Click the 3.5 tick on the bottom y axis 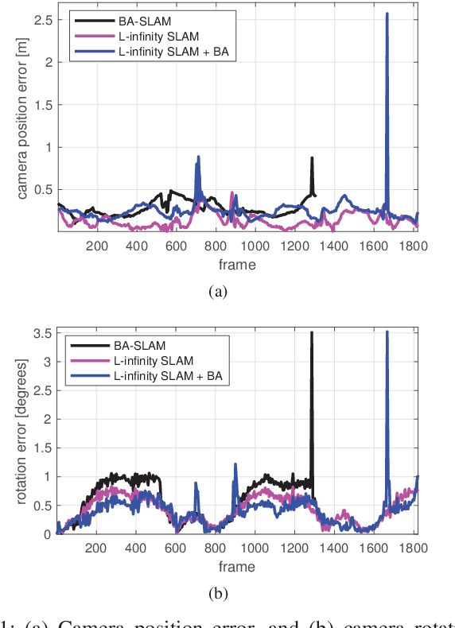[41, 332]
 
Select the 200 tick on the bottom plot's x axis [96, 549]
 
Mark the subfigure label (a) [217, 292]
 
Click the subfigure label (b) [217, 594]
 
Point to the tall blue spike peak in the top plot [387, 14]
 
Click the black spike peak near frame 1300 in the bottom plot [312, 333]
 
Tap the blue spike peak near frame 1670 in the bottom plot [387, 332]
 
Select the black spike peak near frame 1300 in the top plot [312, 158]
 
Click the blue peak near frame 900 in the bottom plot [235, 464]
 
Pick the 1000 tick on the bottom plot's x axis [255, 549]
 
